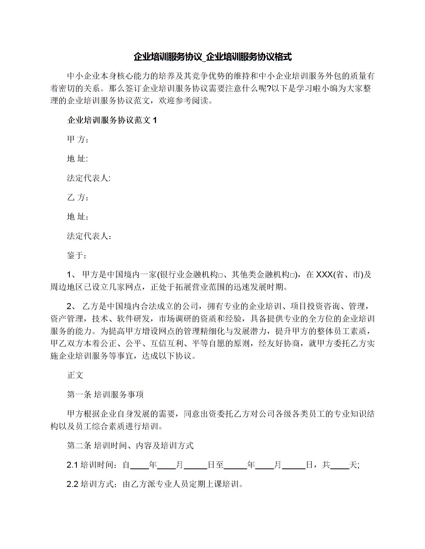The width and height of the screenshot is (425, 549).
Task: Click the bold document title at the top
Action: coord(213,57)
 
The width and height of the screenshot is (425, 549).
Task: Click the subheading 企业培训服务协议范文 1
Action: coord(112,120)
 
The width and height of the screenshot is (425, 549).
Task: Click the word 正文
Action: coord(75,375)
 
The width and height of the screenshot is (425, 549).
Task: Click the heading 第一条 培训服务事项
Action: coord(105,395)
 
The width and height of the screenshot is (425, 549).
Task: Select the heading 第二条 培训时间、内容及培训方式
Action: coord(130,446)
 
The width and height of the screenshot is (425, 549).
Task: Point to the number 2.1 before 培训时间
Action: coord(72,465)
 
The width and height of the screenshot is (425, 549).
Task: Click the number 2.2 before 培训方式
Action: coord(72,484)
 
